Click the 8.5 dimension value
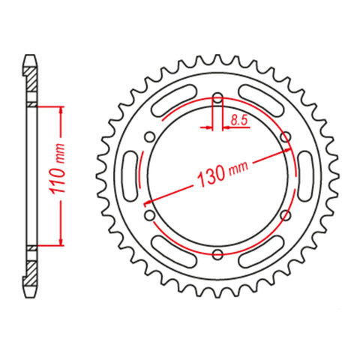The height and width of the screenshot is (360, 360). (x=238, y=118)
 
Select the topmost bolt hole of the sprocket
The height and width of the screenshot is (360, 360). (x=217, y=97)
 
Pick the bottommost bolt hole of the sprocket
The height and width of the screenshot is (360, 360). (x=217, y=255)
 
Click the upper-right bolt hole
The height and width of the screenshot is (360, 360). (x=286, y=136)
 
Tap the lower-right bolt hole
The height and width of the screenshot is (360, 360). (x=286, y=216)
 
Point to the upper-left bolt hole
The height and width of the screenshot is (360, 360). (x=149, y=136)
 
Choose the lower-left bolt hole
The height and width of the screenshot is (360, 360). (x=149, y=216)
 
